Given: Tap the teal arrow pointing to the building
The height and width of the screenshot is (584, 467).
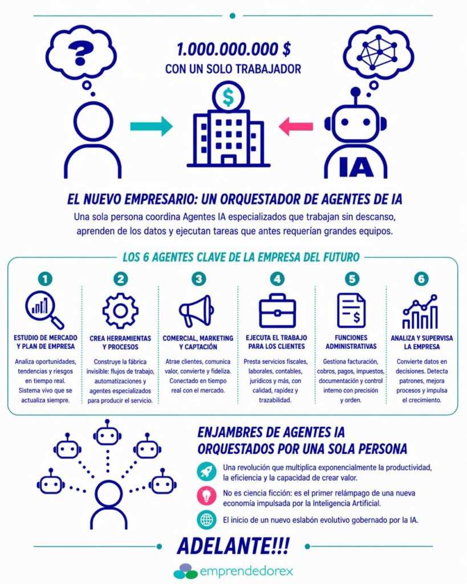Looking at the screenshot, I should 151,126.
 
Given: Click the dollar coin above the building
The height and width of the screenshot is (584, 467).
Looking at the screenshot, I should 228,98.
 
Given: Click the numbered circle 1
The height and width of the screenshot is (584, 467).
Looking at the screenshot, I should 46,279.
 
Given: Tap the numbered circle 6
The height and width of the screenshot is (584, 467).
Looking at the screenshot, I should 421,279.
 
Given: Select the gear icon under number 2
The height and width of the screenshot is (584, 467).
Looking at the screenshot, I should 120,310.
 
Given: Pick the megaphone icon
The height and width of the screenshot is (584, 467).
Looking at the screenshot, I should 197,311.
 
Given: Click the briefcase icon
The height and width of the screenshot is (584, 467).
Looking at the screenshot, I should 277,311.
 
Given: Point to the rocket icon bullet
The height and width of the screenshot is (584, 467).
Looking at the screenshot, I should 205,471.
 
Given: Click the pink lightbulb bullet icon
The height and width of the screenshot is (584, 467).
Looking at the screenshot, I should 205,496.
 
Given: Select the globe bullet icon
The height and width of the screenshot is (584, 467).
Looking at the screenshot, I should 205,520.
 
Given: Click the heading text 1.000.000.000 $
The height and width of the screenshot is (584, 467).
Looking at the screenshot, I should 233,50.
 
